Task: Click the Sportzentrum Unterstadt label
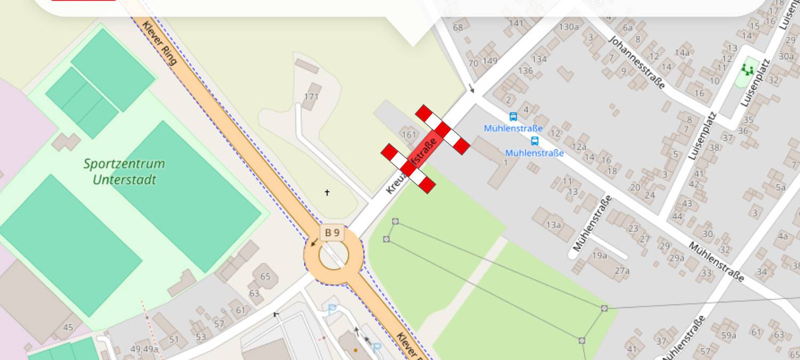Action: point(124,171)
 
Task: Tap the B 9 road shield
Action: point(332,233)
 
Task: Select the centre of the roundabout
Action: point(333,255)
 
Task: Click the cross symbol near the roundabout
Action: point(327,193)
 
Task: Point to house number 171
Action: point(311,97)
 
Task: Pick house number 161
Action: point(408,134)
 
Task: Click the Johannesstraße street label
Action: point(637,62)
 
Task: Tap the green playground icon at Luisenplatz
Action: point(747,70)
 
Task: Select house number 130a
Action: point(569,27)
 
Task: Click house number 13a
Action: point(553,225)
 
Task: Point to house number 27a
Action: point(622,271)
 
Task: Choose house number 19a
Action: point(599,255)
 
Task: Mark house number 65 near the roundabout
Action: point(265,277)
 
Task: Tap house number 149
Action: point(490,61)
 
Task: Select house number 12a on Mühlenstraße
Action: point(579,147)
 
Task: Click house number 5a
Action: point(781,187)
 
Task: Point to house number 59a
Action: point(729,335)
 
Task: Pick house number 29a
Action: point(676,259)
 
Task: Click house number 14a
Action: point(682,52)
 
